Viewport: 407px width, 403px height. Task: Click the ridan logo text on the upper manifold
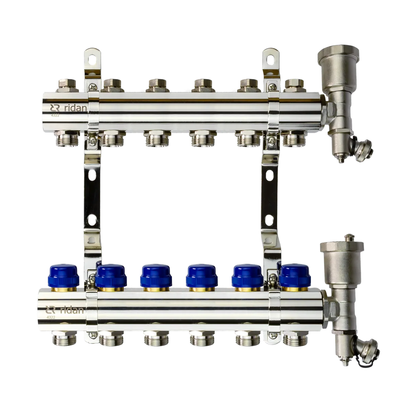(x=75, y=108)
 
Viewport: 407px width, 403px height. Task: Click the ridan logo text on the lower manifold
(x=72, y=310)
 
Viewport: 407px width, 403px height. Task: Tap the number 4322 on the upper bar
(x=55, y=115)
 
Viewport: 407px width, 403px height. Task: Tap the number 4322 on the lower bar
(x=51, y=317)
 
